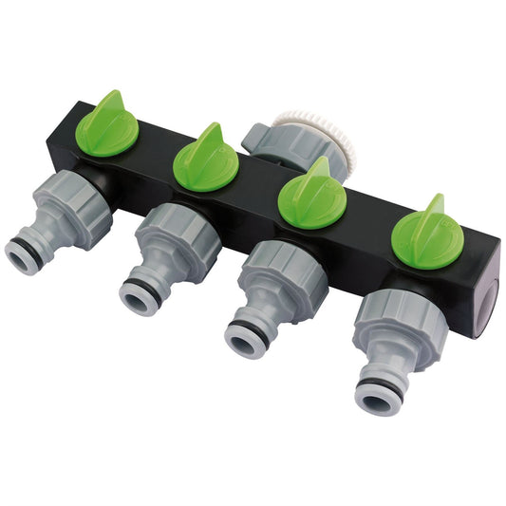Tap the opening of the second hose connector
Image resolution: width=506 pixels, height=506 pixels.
pos(138,295)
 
